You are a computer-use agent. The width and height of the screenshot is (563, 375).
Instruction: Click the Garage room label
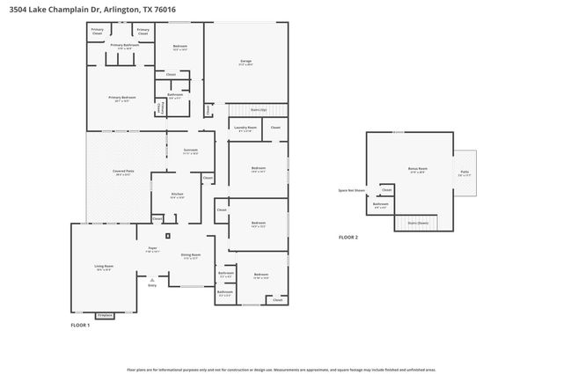point(246,62)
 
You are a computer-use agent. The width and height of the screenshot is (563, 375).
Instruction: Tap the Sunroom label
point(191,151)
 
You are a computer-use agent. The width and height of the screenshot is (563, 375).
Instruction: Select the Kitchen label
point(177,194)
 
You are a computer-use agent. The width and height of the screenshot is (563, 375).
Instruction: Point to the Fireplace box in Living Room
point(105,314)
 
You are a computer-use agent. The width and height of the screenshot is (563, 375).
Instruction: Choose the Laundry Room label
point(245,129)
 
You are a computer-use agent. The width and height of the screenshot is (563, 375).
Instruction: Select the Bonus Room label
point(417,168)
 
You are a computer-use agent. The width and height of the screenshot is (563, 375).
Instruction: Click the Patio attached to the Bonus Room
point(463,174)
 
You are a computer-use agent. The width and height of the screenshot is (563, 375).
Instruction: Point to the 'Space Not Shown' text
point(351,189)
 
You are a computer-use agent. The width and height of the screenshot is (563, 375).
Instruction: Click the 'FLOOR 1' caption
point(81,326)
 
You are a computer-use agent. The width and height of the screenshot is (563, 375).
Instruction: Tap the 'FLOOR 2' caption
point(349,237)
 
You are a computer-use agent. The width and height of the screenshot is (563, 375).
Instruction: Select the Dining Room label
point(191,255)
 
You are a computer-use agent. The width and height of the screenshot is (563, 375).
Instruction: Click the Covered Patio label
point(123,173)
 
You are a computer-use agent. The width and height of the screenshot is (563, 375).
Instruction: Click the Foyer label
point(151,249)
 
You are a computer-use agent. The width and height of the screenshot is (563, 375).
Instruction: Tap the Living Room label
point(103,267)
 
